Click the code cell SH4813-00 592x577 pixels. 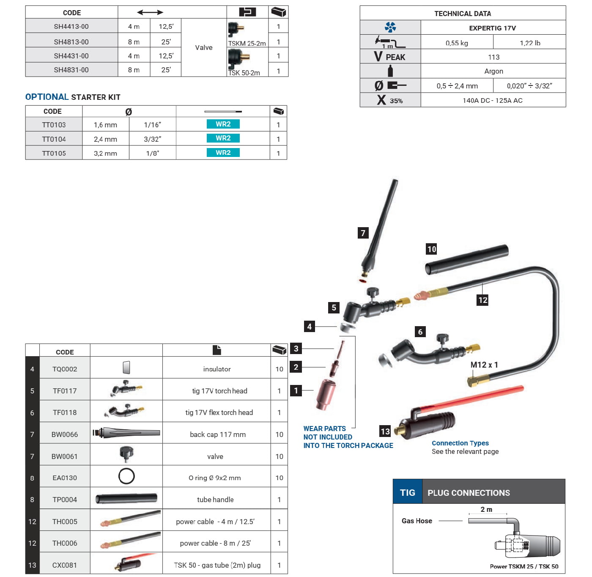(x=71, y=42)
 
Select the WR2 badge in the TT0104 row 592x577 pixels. (x=223, y=138)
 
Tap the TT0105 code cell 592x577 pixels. (x=54, y=153)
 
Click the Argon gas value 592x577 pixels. (x=493, y=71)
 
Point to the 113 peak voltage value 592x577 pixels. (x=493, y=57)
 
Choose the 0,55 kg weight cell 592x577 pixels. (x=457, y=43)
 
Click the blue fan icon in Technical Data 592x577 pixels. (x=390, y=27)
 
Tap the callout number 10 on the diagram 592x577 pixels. (x=431, y=249)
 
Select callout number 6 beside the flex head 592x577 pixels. (x=420, y=331)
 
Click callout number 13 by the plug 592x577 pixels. (x=385, y=431)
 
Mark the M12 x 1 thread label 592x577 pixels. (x=484, y=365)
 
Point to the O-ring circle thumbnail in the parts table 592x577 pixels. (x=126, y=476)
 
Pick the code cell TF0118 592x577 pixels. (x=65, y=412)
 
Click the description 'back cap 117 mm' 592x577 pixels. (x=217, y=434)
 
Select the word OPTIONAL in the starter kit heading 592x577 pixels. (x=47, y=97)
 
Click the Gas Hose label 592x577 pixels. (x=417, y=521)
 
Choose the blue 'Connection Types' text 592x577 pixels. (x=460, y=443)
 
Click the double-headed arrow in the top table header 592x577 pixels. (x=150, y=12)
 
